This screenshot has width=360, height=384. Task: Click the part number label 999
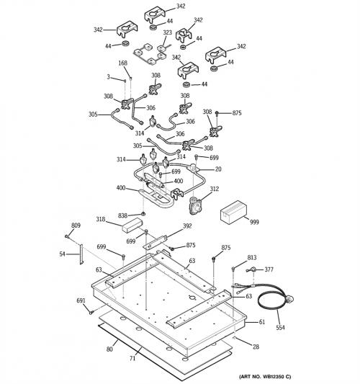tap(254, 222)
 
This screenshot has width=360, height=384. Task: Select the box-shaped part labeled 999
tap(233, 212)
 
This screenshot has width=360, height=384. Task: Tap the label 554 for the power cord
tap(280, 327)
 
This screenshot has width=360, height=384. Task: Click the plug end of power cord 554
tap(289, 299)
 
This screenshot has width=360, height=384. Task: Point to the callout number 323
tap(167, 32)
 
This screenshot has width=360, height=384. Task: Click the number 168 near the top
tap(122, 63)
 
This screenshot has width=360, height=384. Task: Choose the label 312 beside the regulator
tap(215, 189)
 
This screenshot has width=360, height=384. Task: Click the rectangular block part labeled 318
tap(132, 226)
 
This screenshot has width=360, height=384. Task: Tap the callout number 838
tap(122, 215)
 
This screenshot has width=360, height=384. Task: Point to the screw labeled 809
tap(66, 236)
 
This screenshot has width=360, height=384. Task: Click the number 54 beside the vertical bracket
tap(62, 254)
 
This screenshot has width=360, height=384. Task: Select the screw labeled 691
tap(91, 312)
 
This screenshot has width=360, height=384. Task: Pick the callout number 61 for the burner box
tap(262, 322)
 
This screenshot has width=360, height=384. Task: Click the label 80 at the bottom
tap(109, 349)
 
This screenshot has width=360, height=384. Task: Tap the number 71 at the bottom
tap(132, 359)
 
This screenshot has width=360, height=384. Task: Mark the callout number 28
tap(256, 347)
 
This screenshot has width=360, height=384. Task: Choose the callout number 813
tap(252, 257)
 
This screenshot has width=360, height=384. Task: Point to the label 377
tap(269, 269)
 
